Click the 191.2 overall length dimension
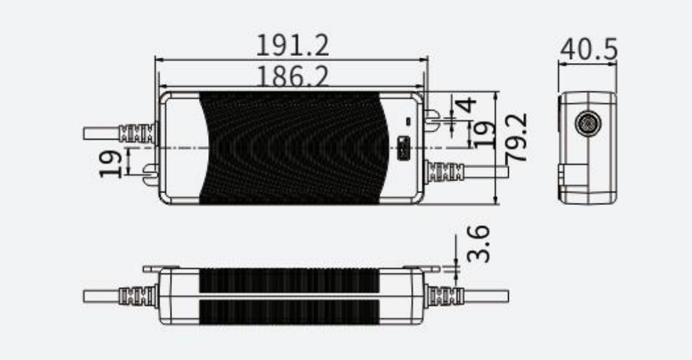click(x=292, y=45)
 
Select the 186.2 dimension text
click(x=292, y=78)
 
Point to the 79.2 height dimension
click(x=519, y=138)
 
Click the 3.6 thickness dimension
click(x=481, y=244)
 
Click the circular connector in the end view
click(x=586, y=124)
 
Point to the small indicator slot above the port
click(x=409, y=121)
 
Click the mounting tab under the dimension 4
click(x=431, y=118)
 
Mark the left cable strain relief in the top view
click(x=139, y=133)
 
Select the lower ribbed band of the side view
click(x=289, y=311)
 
